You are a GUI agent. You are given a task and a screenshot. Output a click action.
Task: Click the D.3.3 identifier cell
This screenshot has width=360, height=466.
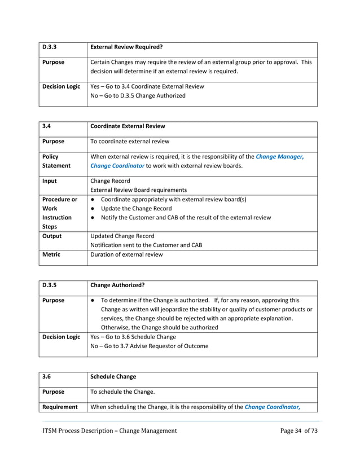(x=50, y=47)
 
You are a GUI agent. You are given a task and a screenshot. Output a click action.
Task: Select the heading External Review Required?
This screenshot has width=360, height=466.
(x=126, y=47)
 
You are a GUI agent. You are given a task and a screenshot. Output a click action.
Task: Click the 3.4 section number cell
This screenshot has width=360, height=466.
(x=47, y=126)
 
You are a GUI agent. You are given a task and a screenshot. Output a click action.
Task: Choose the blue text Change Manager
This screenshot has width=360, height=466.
(x=279, y=156)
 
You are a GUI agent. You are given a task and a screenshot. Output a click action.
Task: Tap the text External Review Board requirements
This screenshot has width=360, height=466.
(x=138, y=190)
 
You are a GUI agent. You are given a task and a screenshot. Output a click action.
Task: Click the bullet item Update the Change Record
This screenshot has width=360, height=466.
(x=135, y=208)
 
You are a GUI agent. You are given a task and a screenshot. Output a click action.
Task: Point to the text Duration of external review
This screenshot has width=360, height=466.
(x=127, y=254)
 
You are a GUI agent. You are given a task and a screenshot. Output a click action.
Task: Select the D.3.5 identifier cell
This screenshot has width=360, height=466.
(x=50, y=285)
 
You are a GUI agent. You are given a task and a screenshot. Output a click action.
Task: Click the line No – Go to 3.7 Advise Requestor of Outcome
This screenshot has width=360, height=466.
(x=149, y=346)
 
